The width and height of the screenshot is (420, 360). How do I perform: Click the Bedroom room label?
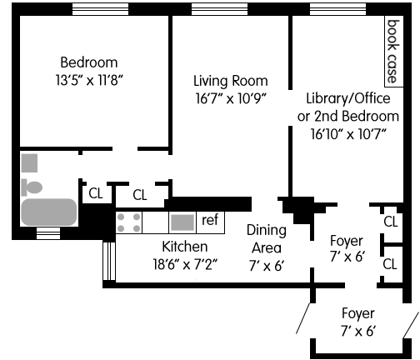[x=89, y=62]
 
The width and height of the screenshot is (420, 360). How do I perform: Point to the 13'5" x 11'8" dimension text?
[x=89, y=80]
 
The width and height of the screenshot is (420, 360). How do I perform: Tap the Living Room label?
[x=231, y=81]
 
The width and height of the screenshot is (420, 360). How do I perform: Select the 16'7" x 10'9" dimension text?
[x=231, y=98]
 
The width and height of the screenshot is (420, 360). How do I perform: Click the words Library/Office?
[x=348, y=98]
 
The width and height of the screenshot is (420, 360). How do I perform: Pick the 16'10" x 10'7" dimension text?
[x=348, y=134]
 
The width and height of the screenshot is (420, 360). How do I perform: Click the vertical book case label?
[x=393, y=52]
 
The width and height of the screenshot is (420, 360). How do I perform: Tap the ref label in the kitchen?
[x=210, y=220]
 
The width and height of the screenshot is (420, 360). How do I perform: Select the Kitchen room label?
[x=185, y=247]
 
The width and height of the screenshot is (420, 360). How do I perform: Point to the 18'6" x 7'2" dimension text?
[x=185, y=264]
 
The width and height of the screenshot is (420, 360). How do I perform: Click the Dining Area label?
[x=267, y=239]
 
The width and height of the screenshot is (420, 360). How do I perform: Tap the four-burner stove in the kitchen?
[x=128, y=222]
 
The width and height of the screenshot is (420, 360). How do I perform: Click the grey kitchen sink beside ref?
[x=182, y=222]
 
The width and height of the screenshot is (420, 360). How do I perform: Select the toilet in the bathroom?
[x=32, y=187]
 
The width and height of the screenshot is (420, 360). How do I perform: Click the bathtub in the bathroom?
[x=49, y=212]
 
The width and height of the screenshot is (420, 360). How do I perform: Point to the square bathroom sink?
[x=29, y=163]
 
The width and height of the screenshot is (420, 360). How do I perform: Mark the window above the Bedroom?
[x=100, y=9]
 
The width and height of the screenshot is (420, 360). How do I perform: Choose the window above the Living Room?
[x=219, y=9]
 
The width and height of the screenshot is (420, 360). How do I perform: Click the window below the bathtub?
[x=48, y=233]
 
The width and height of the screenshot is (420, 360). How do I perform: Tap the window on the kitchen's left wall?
[x=109, y=261]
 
